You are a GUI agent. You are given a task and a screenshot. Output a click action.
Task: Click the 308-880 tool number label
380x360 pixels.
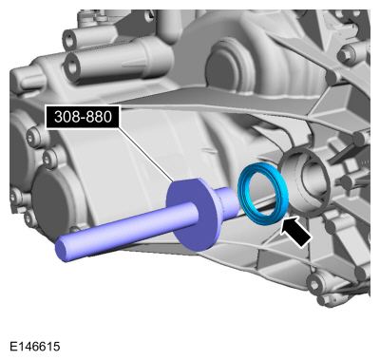tap(83, 117)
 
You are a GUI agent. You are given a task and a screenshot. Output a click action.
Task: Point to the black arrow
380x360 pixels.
tap(295, 232)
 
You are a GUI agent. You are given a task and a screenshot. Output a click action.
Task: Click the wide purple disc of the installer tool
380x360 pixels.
tap(193, 215)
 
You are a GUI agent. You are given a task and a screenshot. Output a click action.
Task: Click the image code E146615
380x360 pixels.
tap(34, 346)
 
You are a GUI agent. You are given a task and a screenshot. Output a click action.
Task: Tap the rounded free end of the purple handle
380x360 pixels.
tap(62, 250)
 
